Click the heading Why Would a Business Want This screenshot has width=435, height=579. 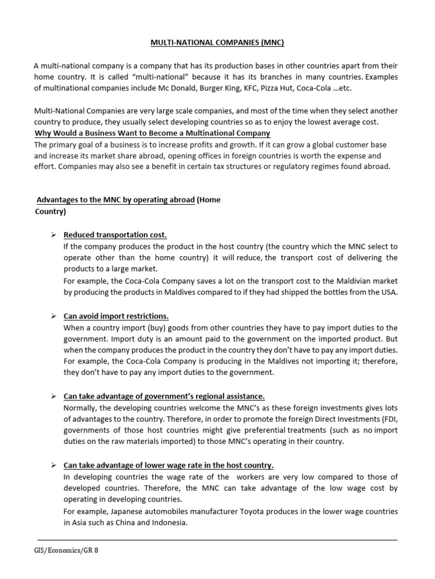[152, 133]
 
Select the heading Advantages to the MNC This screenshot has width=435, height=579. [116, 200]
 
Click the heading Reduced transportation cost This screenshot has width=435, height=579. [115, 235]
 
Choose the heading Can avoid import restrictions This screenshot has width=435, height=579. [116, 316]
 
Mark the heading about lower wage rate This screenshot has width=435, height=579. [168, 465]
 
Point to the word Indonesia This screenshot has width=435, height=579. [169, 522]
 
